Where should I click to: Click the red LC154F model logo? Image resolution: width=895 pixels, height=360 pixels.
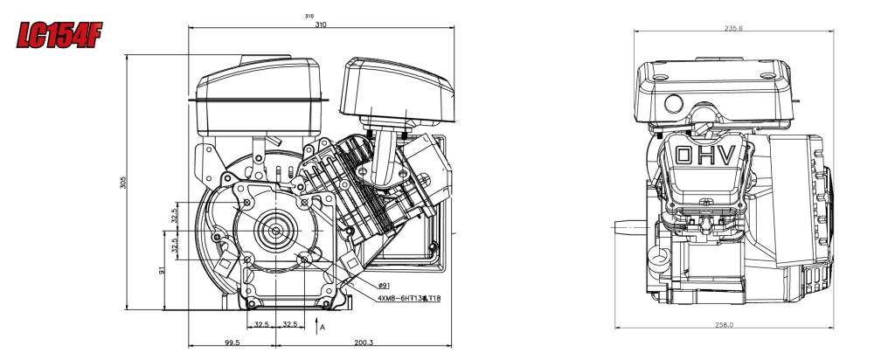[x=54, y=34]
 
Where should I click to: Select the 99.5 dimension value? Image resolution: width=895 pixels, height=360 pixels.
[x=232, y=343]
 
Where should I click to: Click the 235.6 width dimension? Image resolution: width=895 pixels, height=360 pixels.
[x=734, y=28]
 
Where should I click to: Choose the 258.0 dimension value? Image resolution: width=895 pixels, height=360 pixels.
[x=725, y=324]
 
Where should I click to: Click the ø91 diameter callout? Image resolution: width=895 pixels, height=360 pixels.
[x=385, y=286]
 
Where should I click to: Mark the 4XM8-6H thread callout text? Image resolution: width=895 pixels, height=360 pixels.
[x=408, y=298]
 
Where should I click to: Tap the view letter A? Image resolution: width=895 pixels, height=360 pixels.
[x=323, y=327]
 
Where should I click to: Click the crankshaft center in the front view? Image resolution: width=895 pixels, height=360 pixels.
[x=276, y=231]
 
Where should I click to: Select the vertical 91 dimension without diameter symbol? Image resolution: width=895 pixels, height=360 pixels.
[x=163, y=271]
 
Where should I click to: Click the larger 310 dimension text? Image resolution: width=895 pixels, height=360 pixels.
[x=321, y=24]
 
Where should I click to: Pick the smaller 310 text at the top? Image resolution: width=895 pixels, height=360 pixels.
[x=309, y=17]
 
